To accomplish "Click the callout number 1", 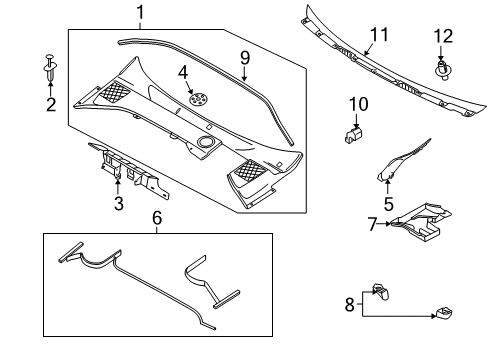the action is point(140,13).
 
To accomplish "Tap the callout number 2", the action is point(51,104).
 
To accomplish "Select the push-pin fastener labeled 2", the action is point(50,67).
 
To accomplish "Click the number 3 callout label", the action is point(119,203).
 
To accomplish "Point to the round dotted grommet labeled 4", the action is point(199,99).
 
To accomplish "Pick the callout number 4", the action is point(183,72).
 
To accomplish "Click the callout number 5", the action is point(389,204).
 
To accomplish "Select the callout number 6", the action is point(157,218).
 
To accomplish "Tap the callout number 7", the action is point(373,224).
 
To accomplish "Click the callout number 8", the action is point(349,304).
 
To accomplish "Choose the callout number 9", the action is point(245,58).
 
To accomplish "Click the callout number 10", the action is point(358,104).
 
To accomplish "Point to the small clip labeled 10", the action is point(353,135).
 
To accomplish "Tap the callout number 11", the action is point(379,35).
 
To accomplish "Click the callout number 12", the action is point(443,36).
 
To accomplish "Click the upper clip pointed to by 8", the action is point(381,291).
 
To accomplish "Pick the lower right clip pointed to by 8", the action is point(444,313).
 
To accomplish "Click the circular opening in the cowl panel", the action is point(206,142).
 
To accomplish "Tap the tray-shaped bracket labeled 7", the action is point(422,222).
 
